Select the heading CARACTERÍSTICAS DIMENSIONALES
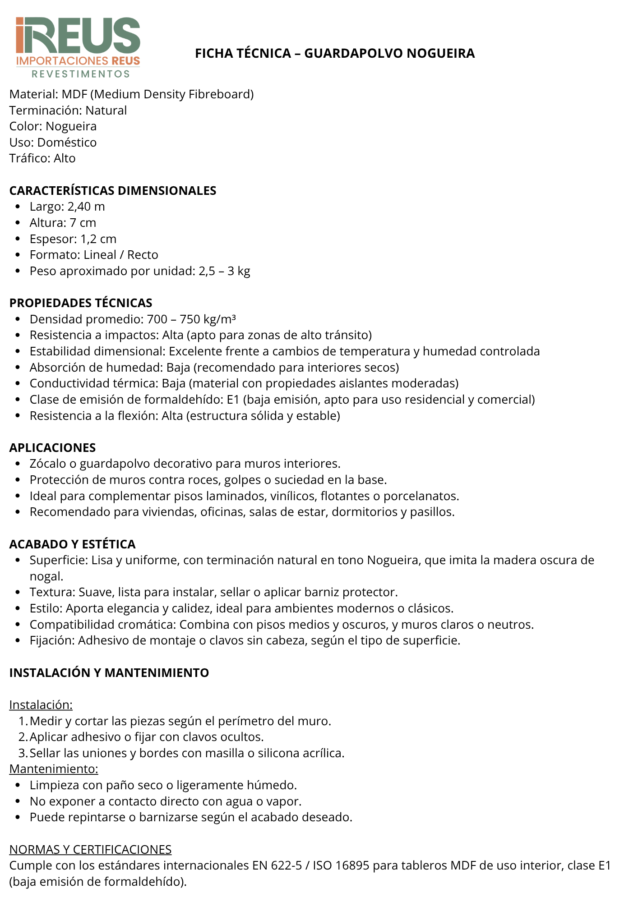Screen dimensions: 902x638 113,191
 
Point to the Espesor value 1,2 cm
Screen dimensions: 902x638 98,239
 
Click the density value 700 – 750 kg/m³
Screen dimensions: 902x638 191,319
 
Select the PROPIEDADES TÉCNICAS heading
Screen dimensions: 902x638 81,303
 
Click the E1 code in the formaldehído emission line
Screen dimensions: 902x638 233,400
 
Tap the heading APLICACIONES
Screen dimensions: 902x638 52,448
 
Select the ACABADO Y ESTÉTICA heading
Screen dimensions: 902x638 72,544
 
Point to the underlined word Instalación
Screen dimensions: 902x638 41,705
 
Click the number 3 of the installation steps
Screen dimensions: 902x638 22,753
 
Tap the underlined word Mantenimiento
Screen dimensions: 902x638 54,769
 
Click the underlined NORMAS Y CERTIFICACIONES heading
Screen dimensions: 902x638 90,850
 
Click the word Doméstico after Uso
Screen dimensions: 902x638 67,143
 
